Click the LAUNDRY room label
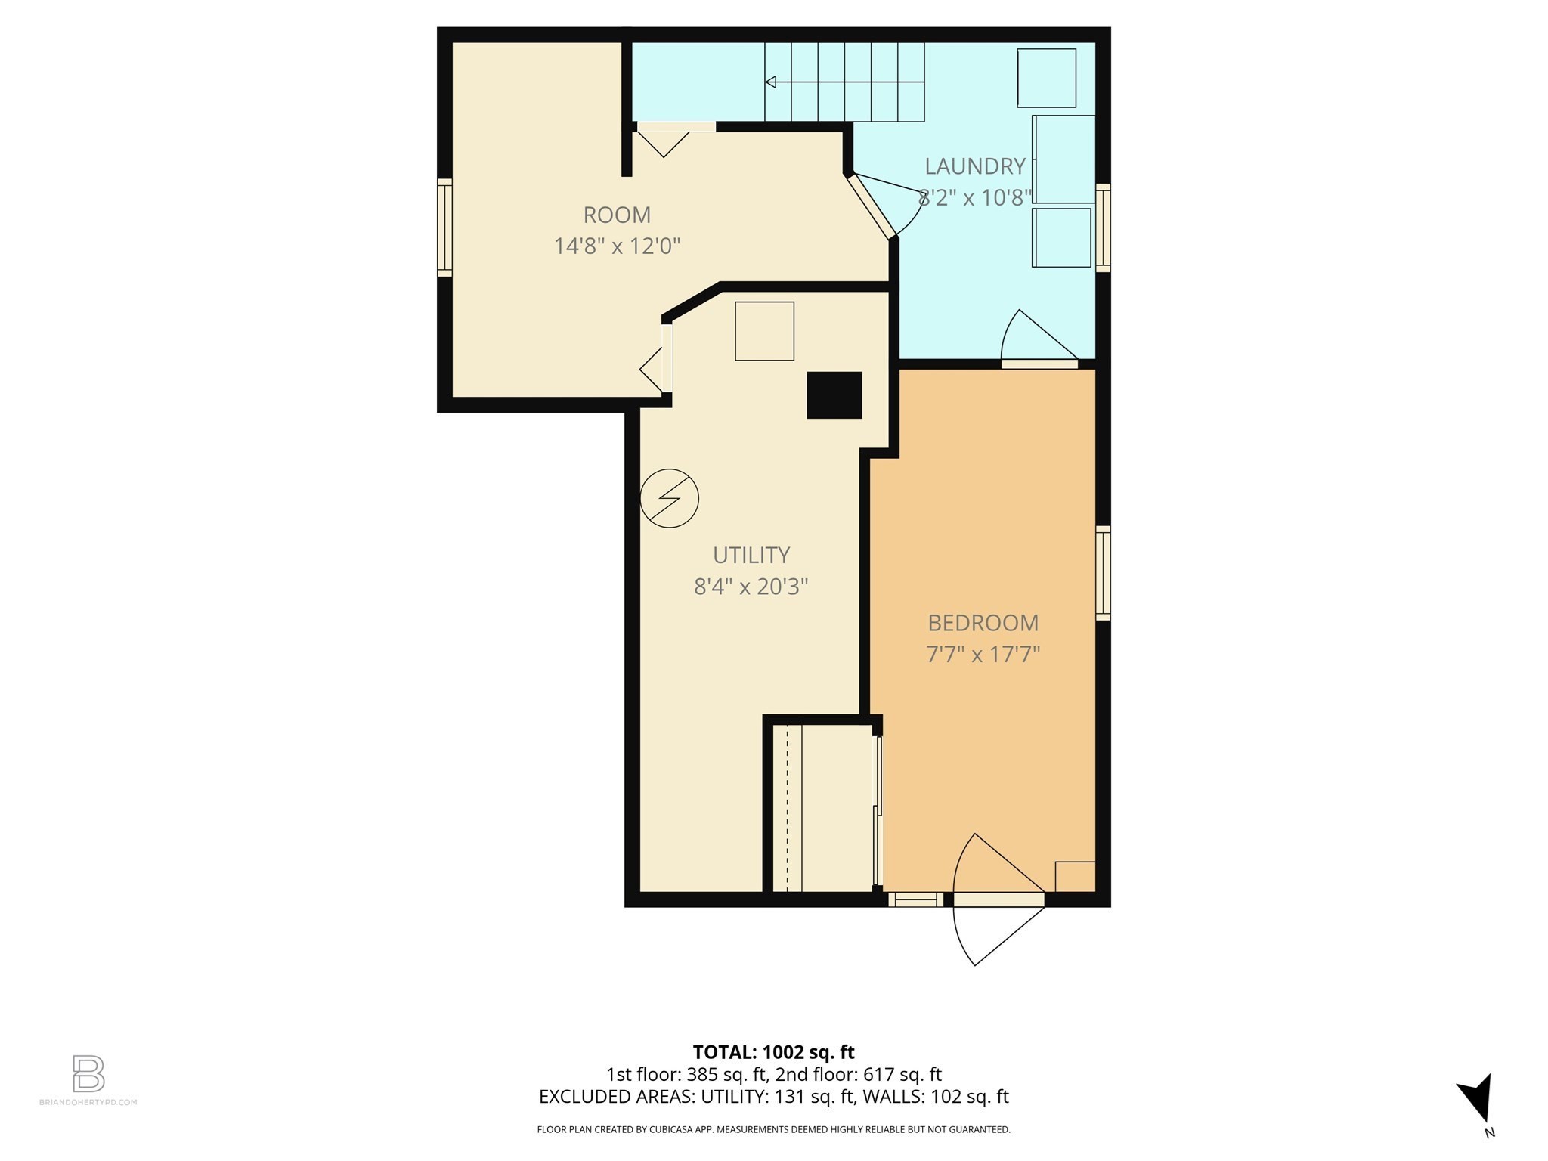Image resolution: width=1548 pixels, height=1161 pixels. (x=975, y=166)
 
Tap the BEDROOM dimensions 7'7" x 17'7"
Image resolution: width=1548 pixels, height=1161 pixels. (x=983, y=654)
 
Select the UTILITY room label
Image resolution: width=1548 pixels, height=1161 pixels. (x=751, y=556)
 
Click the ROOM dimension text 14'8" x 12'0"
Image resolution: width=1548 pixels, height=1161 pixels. (x=617, y=246)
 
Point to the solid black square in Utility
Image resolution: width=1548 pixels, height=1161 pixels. (x=834, y=395)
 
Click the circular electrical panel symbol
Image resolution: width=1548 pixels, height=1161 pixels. (x=669, y=499)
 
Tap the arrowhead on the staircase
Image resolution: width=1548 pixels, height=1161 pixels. (x=770, y=82)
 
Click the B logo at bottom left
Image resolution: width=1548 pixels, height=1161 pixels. (x=88, y=1073)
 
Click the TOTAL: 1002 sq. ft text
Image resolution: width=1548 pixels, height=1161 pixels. (x=773, y=1052)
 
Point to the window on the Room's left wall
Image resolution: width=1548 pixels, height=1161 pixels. (x=444, y=228)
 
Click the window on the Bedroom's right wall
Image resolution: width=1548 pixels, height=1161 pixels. (x=1103, y=573)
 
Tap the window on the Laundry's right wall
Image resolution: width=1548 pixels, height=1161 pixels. (x=1103, y=228)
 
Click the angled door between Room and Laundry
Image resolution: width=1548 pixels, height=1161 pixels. (x=871, y=206)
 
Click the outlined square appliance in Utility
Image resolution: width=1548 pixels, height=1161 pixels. (x=764, y=331)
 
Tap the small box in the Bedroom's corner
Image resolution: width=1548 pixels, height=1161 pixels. (x=1075, y=876)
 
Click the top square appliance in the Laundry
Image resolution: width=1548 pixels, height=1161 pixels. (x=1046, y=79)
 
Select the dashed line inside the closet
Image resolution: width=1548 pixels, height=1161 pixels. (x=787, y=808)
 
